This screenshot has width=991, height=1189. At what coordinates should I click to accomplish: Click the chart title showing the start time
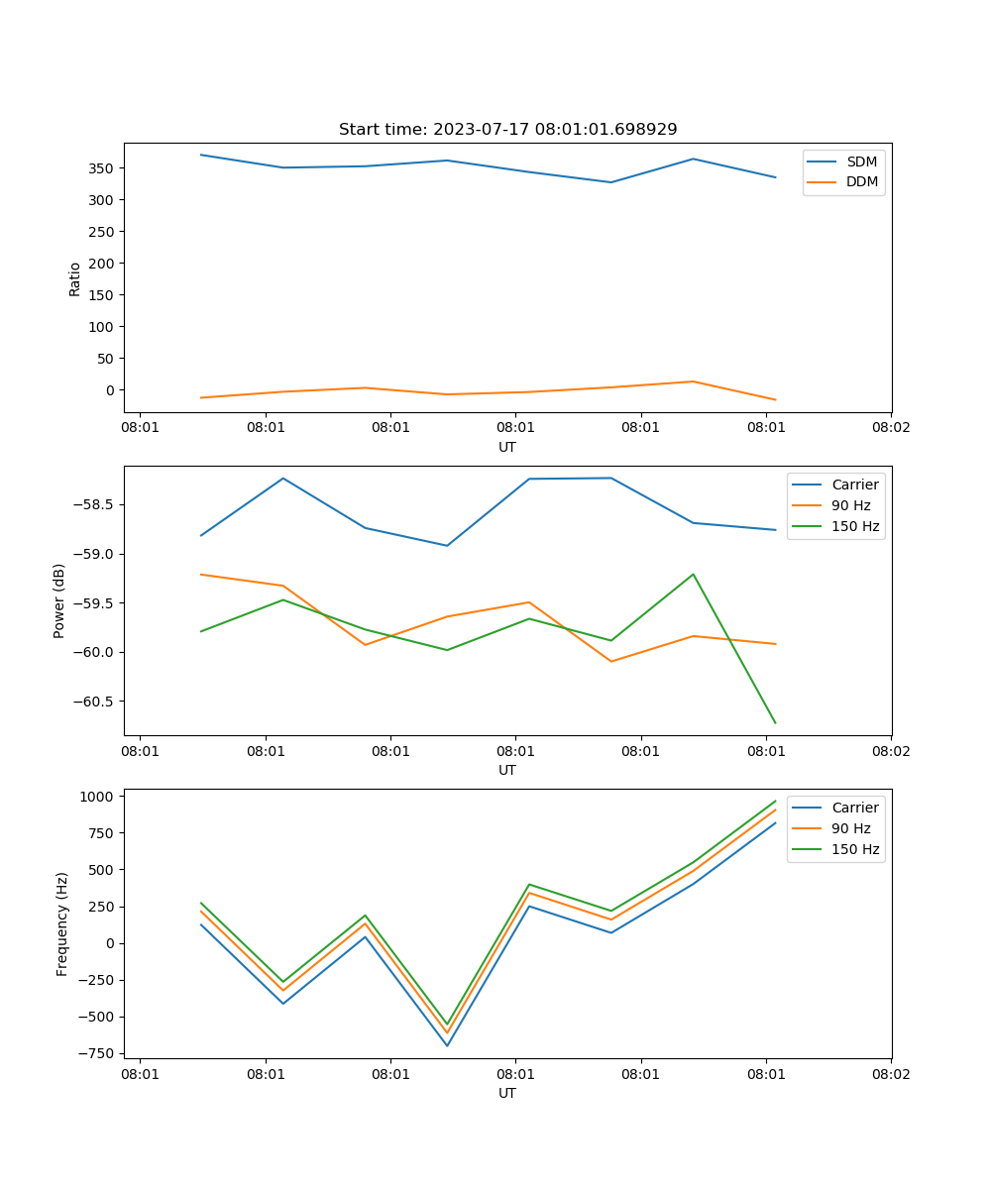(x=507, y=130)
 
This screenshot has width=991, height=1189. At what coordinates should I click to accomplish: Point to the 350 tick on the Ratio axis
(x=102, y=168)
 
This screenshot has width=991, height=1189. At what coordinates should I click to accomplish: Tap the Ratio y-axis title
(x=75, y=278)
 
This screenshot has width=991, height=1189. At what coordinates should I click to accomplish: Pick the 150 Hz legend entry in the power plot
(x=855, y=526)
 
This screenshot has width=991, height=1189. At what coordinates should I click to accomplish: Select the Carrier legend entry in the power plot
(x=854, y=485)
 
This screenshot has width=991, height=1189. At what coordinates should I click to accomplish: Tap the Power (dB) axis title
(x=59, y=600)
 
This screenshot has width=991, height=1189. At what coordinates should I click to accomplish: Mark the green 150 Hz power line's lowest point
(x=775, y=723)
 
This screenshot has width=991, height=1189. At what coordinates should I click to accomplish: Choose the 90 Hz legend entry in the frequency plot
(x=850, y=828)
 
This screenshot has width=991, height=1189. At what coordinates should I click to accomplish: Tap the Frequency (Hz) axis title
(x=62, y=923)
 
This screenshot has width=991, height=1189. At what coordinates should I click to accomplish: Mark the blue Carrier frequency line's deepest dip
(x=447, y=1045)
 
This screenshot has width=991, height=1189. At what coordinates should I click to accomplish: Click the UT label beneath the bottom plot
(x=507, y=1093)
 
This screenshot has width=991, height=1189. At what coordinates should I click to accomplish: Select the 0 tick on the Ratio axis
(x=110, y=390)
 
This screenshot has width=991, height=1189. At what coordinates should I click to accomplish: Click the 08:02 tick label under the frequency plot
(x=890, y=1073)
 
